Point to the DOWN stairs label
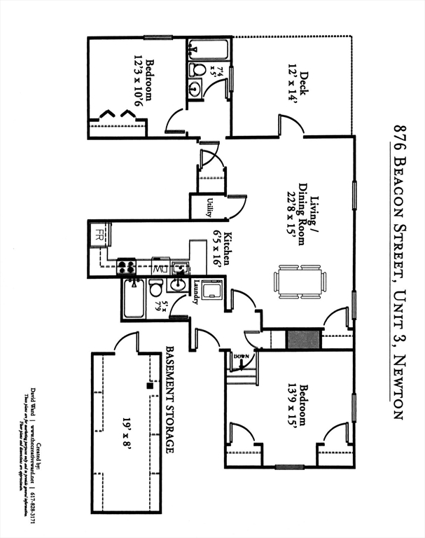click(x=242, y=357)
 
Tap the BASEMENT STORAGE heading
click(x=169, y=399)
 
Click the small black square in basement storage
click(x=148, y=385)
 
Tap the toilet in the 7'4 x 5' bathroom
click(x=197, y=70)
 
